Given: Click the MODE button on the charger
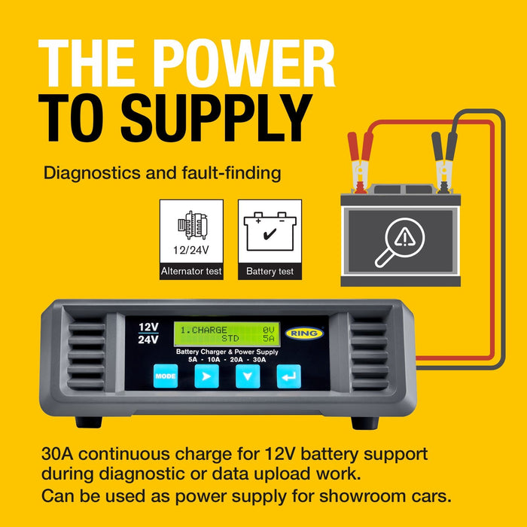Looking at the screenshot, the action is click(166, 376).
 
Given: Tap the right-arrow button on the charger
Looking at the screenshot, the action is click(206, 376).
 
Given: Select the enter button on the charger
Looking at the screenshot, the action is click(288, 376).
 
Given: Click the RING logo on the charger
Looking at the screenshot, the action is click(304, 334).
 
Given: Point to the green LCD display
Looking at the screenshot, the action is click(227, 334).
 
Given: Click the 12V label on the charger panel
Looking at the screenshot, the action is click(148, 327).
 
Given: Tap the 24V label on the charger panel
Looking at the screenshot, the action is click(148, 340).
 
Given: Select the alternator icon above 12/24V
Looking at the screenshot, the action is click(192, 225).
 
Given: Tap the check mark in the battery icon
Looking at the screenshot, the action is click(270, 233).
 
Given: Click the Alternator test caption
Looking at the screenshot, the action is click(191, 271).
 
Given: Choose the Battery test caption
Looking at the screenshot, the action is click(270, 271).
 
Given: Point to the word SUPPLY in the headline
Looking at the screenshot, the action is click(217, 117).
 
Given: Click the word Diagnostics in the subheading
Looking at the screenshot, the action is click(92, 173).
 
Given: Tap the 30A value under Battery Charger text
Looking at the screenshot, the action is click(259, 360).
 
